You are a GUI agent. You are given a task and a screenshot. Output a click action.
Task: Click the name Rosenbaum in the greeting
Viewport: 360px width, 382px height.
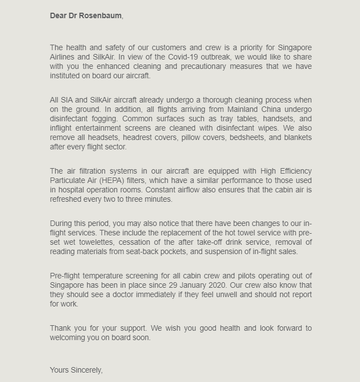(100, 15)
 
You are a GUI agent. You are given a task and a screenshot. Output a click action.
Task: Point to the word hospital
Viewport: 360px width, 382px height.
(69, 190)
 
